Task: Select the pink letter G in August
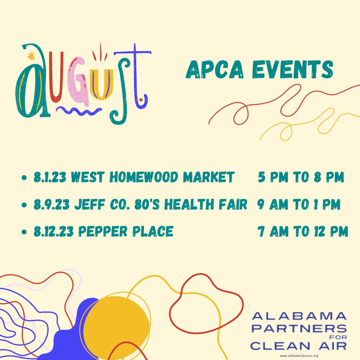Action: pos(77,83)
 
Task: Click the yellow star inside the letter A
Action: pos(31,56)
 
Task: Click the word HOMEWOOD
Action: pos(144,178)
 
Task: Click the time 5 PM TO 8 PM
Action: pos(301,178)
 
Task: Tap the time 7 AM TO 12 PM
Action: pos(303,231)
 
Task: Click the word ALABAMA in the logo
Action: pos(299,316)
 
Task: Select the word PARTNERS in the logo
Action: pos(299,328)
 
